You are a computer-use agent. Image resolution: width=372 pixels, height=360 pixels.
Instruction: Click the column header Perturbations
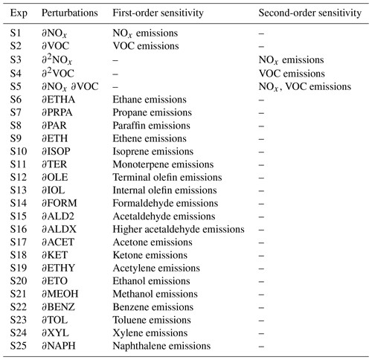(70, 13)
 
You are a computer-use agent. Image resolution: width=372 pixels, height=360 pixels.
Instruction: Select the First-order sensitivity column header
(158, 13)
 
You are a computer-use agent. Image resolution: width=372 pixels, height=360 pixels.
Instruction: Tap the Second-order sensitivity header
(310, 13)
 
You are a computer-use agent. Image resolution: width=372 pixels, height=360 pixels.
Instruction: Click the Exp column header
(19, 13)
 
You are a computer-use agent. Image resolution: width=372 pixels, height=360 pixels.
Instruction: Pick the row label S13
(19, 190)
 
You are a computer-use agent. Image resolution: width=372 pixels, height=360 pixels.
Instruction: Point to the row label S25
(19, 346)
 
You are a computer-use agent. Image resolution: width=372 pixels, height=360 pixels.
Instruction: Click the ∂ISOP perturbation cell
(56, 151)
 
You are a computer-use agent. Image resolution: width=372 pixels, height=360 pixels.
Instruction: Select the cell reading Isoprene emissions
(153, 152)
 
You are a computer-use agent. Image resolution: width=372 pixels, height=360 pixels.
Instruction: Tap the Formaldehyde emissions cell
(165, 203)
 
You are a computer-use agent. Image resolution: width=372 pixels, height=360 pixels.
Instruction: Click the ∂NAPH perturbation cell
(59, 346)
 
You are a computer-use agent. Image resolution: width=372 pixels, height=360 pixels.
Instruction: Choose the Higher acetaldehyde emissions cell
(179, 229)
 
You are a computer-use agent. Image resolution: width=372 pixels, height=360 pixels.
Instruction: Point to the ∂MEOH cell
(60, 294)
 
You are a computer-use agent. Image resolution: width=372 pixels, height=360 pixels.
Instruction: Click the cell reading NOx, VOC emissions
(305, 87)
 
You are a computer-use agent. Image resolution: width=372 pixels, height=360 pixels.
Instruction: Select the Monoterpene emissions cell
(163, 164)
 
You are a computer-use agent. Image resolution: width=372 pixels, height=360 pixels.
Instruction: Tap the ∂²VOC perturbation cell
(58, 73)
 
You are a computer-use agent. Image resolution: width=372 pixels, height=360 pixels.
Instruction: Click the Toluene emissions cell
(152, 320)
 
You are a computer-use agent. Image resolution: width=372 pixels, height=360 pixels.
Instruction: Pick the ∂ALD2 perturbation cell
(58, 216)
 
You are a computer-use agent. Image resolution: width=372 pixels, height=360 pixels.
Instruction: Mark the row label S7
(16, 112)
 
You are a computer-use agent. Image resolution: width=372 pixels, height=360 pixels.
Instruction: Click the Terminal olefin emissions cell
(167, 177)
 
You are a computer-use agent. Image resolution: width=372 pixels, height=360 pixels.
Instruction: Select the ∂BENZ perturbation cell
(58, 307)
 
